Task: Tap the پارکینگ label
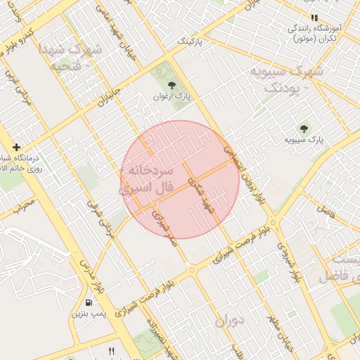(188, 42)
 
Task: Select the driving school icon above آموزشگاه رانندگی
(314, 18)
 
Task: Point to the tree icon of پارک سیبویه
(304, 129)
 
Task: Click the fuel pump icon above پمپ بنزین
(89, 303)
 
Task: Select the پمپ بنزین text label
(88, 314)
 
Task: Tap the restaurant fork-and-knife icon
(110, 350)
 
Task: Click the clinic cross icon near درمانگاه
(16, 148)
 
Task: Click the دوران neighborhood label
(229, 321)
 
